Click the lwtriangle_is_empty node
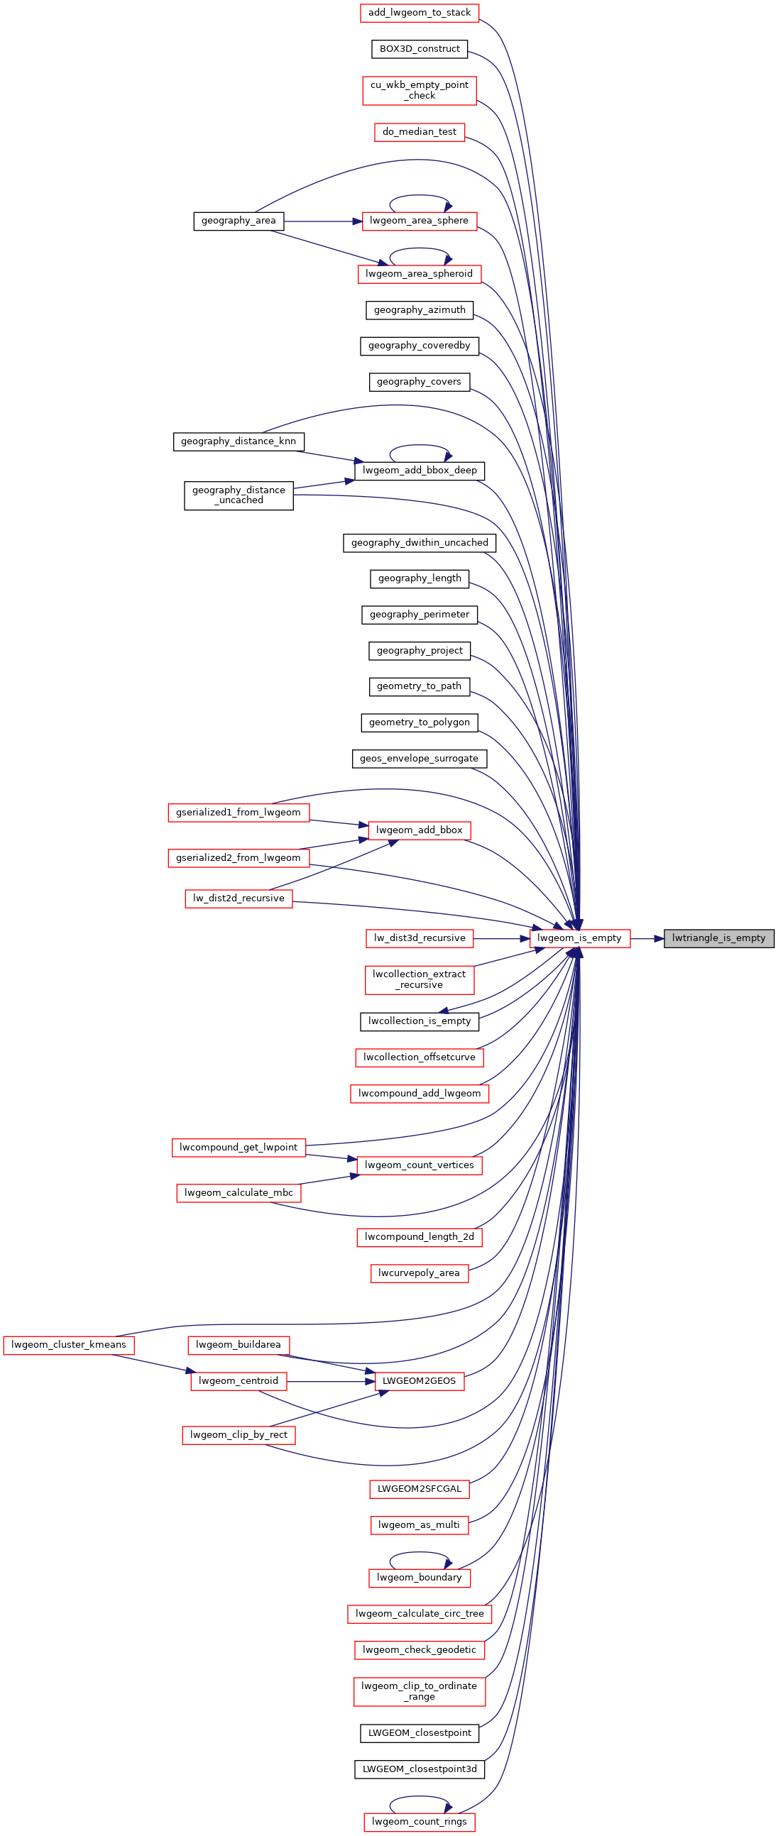(x=719, y=938)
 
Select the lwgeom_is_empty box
(x=580, y=938)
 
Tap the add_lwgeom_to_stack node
(x=420, y=13)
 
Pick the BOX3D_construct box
(x=420, y=49)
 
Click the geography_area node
(x=239, y=221)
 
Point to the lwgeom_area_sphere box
(x=420, y=221)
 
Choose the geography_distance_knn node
(x=239, y=441)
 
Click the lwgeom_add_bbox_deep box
(x=420, y=471)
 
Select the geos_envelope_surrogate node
(x=420, y=759)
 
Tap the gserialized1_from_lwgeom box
(x=239, y=813)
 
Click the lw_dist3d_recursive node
(x=420, y=938)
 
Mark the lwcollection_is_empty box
(x=420, y=1021)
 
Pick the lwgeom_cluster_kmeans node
(x=69, y=1345)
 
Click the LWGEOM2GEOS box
(x=420, y=1381)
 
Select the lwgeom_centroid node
(x=239, y=1381)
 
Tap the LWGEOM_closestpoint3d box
(x=420, y=1769)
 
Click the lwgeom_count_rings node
(x=420, y=1822)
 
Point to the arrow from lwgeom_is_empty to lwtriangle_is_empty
(x=647, y=939)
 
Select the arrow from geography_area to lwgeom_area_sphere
(x=323, y=221)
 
